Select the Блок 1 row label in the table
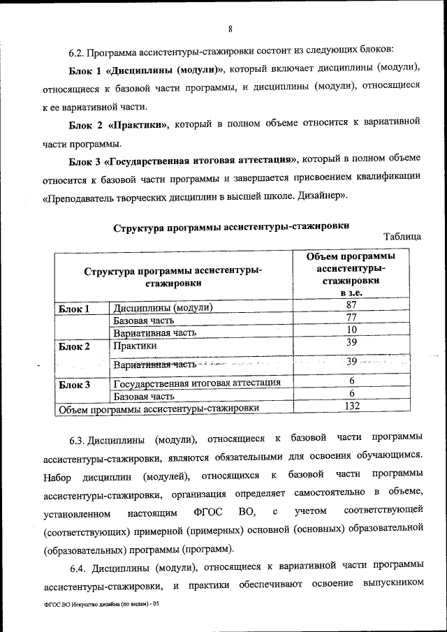coord(73,308)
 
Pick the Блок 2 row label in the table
coord(73,346)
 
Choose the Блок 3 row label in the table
coord(73,383)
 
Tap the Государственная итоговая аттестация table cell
coord(197,383)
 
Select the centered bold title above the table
coord(231,226)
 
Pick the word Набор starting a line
coord(59,477)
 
